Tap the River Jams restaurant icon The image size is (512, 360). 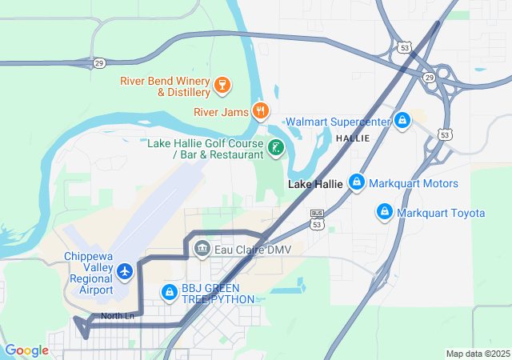click(260, 111)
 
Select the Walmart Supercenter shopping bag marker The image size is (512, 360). click(402, 121)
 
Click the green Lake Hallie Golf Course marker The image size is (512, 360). click(275, 147)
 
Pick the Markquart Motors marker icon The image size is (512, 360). click(357, 183)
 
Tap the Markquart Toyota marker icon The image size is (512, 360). click(385, 212)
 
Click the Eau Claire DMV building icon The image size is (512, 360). click(202, 249)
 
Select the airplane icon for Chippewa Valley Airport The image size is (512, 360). click(124, 272)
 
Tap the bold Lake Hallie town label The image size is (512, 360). click(315, 184)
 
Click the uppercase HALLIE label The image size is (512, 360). click(353, 138)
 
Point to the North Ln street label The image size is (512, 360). click(118, 316)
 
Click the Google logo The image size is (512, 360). click(26, 350)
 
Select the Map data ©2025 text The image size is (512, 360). click(477, 354)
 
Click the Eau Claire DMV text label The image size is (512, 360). click(253, 250)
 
